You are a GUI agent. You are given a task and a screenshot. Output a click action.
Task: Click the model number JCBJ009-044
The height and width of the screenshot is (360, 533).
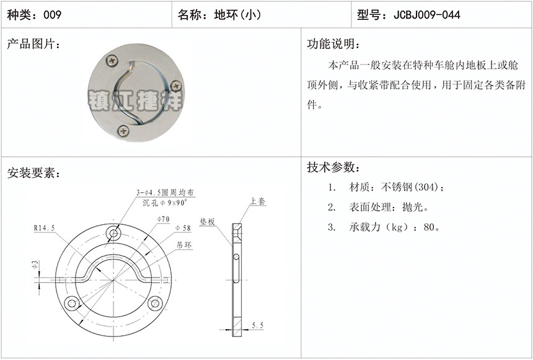pyautogui.click(x=427, y=15)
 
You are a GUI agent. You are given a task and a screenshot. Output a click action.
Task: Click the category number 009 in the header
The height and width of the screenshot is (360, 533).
pyautogui.click(x=52, y=15)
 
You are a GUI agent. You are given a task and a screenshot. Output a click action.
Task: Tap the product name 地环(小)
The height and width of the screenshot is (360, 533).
pyautogui.click(x=237, y=15)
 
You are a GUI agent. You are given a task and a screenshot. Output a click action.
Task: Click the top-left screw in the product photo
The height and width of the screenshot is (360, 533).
pyautogui.click(x=112, y=61)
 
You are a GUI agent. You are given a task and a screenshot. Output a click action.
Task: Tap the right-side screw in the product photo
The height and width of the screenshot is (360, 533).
pyautogui.click(x=176, y=86)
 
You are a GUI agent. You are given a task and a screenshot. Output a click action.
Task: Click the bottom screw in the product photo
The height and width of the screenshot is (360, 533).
pyautogui.click(x=123, y=131)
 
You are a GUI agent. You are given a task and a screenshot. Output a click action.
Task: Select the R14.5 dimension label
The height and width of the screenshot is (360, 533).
pyautogui.click(x=44, y=228)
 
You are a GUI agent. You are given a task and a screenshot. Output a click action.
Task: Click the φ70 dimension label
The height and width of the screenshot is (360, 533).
pyautogui.click(x=163, y=219)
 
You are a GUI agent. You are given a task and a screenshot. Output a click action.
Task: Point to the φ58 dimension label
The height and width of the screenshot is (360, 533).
pyautogui.click(x=183, y=228)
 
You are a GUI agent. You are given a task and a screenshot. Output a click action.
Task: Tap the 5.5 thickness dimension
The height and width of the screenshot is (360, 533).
pyautogui.click(x=257, y=325)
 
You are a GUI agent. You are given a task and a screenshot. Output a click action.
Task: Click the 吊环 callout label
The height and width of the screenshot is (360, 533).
pyautogui.click(x=184, y=245)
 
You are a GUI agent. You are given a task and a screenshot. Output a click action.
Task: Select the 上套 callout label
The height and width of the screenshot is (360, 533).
pyautogui.click(x=258, y=201)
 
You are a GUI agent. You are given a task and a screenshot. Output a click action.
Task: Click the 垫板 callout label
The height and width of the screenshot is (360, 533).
pyautogui.click(x=208, y=222)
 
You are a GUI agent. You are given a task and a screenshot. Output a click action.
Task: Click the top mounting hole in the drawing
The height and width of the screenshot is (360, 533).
pyautogui.click(x=113, y=234)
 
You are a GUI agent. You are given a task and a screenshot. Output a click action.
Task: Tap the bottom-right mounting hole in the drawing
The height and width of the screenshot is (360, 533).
pyautogui.click(x=155, y=303)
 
